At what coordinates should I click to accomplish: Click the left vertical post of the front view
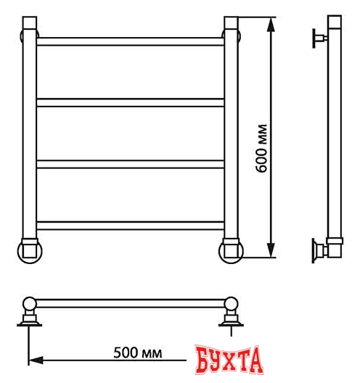pyautogui.click(x=29, y=138)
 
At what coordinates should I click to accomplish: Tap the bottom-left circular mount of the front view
pyautogui.click(x=30, y=250)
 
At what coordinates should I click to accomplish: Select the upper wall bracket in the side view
pyautogui.click(x=319, y=38)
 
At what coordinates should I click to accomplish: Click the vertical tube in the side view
pyautogui.click(x=335, y=138)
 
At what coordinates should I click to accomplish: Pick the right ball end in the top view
pyautogui.click(x=232, y=303)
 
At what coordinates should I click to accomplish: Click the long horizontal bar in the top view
pyautogui.click(x=131, y=302)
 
